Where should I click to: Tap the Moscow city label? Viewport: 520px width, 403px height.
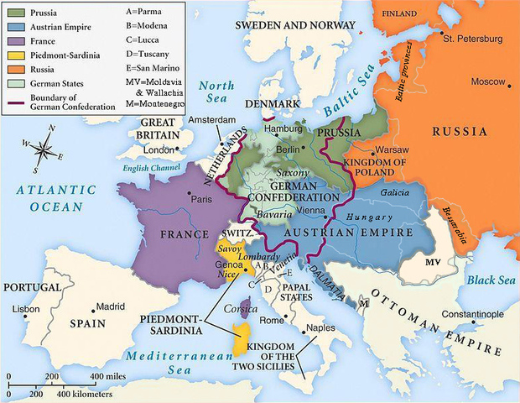point(487,81)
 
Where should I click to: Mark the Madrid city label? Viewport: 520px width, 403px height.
point(111,306)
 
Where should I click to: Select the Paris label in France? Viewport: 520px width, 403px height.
point(200,200)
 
